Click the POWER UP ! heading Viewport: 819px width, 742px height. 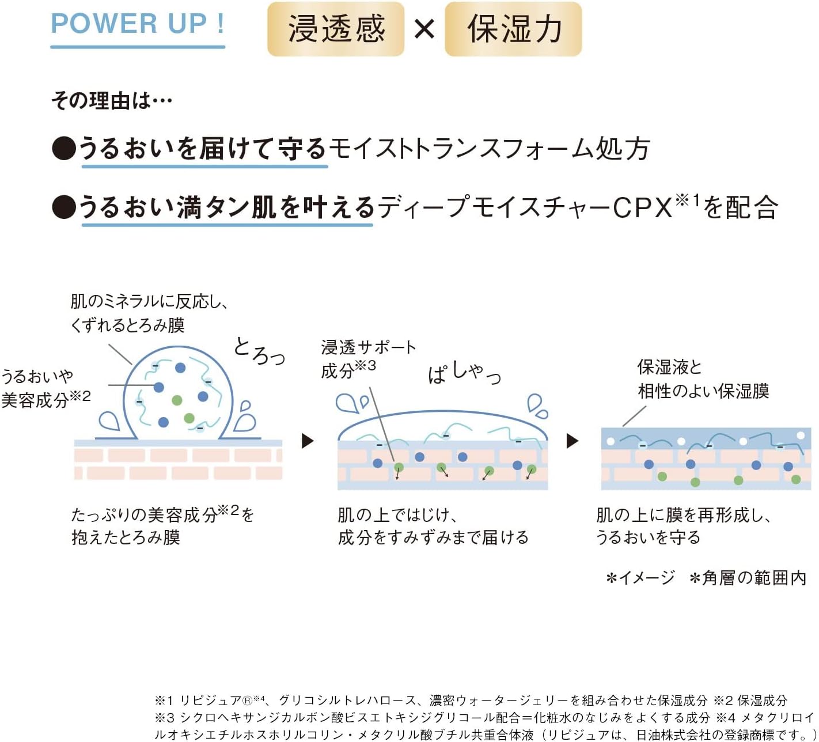click(x=138, y=24)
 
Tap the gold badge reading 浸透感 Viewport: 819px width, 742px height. click(x=336, y=29)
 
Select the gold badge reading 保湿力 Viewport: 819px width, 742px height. click(x=513, y=29)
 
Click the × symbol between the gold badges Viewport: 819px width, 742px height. click(x=424, y=29)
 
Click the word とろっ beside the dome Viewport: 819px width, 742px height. click(x=259, y=351)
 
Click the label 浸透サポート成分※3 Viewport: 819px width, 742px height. click(x=368, y=358)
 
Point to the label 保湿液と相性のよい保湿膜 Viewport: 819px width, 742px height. click(x=703, y=379)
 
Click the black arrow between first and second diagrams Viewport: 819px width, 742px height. click(x=308, y=441)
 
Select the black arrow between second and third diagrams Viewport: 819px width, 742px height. click(x=572, y=441)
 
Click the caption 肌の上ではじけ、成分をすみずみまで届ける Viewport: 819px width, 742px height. click(x=433, y=526)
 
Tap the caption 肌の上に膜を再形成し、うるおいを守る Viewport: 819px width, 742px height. click(x=683, y=526)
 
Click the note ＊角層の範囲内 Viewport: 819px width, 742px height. click(x=748, y=578)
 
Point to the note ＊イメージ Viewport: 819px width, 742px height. click(x=640, y=578)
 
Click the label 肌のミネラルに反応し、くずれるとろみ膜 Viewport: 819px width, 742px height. click(x=149, y=313)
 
